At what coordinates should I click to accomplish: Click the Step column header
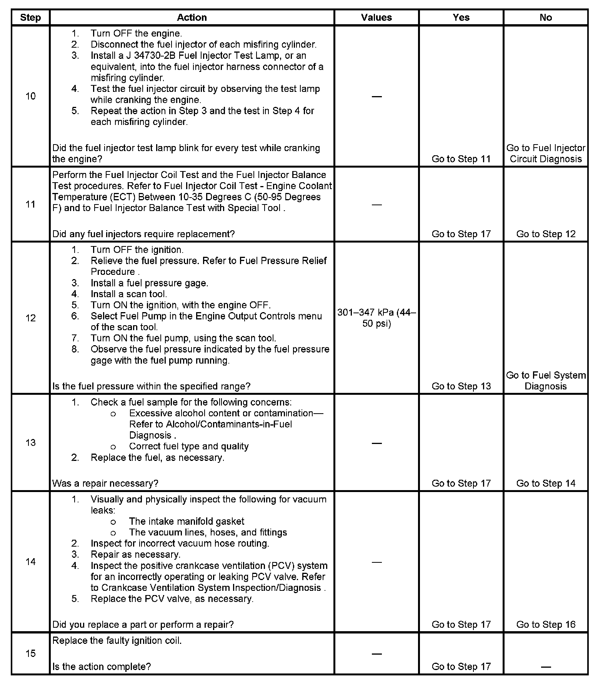pyautogui.click(x=30, y=18)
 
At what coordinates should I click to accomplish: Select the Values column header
pyautogui.click(x=376, y=18)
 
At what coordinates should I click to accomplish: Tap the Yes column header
pyautogui.click(x=461, y=18)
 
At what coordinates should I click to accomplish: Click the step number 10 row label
pyautogui.click(x=30, y=96)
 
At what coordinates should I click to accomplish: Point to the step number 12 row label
pyautogui.click(x=30, y=318)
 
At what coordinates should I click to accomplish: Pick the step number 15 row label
pyautogui.click(x=30, y=653)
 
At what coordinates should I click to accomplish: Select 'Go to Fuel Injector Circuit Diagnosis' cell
pyautogui.click(x=545, y=153)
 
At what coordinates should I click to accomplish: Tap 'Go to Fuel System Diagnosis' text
pyautogui.click(x=545, y=381)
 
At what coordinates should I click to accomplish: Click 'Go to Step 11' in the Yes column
pyautogui.click(x=461, y=159)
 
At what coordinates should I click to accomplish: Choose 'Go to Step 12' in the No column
pyautogui.click(x=545, y=234)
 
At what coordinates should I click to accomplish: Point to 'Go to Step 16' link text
pyautogui.click(x=545, y=624)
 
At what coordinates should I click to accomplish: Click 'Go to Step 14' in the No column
pyautogui.click(x=545, y=483)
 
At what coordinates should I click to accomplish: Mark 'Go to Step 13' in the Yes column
pyautogui.click(x=461, y=386)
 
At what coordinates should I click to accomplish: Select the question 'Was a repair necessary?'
pyautogui.click(x=105, y=483)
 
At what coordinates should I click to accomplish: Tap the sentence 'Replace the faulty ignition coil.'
pyautogui.click(x=117, y=640)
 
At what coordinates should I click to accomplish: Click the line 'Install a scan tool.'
pyautogui.click(x=128, y=294)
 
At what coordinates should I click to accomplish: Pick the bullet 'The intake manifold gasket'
pyautogui.click(x=187, y=521)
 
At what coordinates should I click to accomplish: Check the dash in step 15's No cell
pyautogui.click(x=545, y=667)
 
